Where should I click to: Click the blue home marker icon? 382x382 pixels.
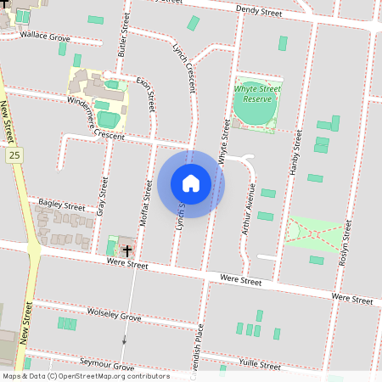coord(191,183)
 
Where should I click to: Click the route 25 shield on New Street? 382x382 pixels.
coord(14,155)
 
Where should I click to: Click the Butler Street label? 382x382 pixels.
coord(125,40)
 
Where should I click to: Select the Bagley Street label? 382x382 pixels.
coord(62,206)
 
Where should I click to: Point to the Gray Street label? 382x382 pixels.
coord(104,194)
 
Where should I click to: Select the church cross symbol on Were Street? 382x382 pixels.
coord(126,250)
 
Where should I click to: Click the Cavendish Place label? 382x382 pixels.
coord(200,348)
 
